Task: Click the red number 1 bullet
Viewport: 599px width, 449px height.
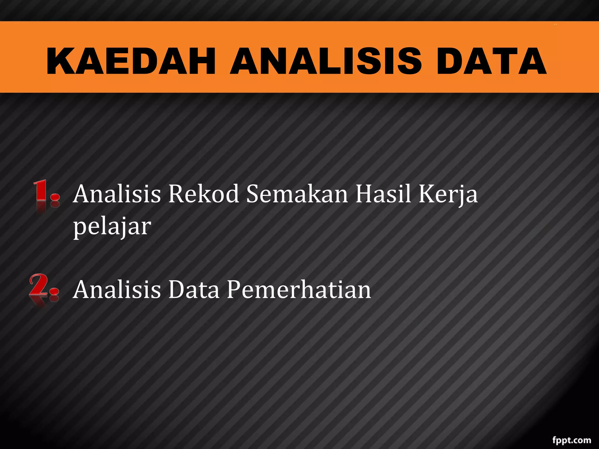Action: pos(46,193)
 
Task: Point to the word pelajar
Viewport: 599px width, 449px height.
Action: pos(112,227)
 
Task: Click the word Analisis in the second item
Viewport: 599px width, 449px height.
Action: pos(117,289)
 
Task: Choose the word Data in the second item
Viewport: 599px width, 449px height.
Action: pos(194,289)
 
